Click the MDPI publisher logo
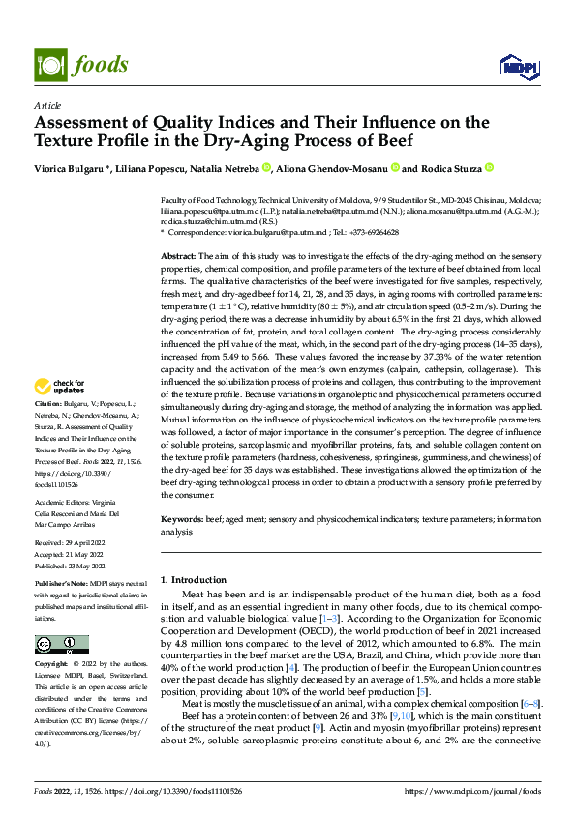click(x=517, y=65)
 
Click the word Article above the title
click(x=47, y=105)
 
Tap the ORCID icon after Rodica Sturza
click(x=490, y=168)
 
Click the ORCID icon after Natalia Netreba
click(x=267, y=168)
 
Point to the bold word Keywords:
click(x=182, y=519)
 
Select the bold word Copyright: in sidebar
click(x=52, y=665)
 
